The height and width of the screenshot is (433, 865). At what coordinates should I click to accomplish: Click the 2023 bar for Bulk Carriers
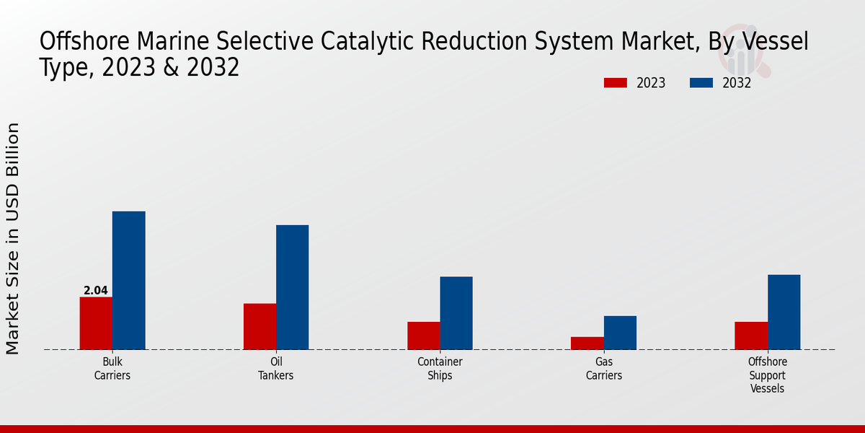96,323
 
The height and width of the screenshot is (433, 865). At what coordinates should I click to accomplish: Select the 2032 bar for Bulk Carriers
128,281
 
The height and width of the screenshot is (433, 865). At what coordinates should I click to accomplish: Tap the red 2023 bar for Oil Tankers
259,326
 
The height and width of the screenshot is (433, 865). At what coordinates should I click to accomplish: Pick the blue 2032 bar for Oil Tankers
292,287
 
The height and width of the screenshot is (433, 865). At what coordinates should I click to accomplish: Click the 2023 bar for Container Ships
423,336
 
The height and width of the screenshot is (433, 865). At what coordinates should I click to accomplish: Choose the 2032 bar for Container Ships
456,313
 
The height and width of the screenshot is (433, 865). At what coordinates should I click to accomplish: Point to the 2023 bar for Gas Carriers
587,344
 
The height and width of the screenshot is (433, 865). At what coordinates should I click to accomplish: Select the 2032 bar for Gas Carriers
620,333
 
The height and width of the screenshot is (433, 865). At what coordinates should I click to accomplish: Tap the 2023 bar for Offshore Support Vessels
751,336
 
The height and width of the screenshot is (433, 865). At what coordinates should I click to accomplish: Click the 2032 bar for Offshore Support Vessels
784,312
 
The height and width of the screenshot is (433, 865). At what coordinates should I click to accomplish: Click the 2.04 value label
96,291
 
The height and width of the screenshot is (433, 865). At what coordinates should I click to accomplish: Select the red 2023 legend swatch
615,83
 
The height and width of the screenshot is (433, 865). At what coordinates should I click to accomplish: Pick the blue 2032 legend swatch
701,83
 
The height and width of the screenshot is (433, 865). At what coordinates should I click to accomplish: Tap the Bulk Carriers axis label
112,369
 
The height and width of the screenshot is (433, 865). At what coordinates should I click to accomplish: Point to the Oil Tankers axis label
276,369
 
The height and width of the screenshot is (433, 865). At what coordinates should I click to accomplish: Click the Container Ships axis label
440,369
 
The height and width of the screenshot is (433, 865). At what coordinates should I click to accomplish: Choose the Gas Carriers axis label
604,369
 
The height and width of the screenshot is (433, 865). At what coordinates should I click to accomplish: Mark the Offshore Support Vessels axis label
768,375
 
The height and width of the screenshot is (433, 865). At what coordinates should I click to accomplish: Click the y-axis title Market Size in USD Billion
13,238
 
